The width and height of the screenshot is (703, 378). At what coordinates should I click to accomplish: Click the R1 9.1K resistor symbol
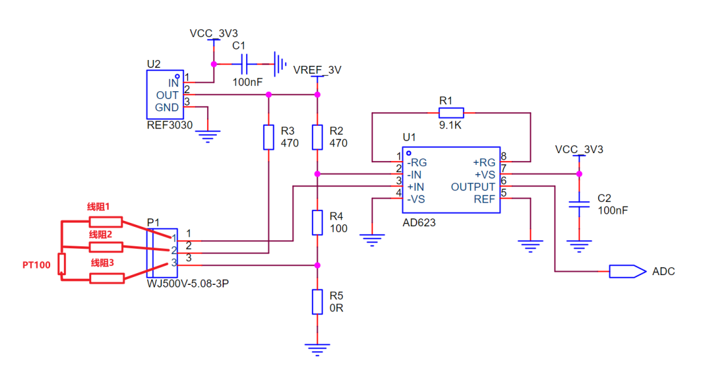[x=451, y=113]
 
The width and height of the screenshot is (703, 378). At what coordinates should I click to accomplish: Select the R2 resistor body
[x=318, y=138]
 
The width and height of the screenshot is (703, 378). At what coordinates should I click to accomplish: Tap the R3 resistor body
[x=269, y=138]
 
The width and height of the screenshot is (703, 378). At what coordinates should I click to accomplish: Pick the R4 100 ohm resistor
[x=318, y=223]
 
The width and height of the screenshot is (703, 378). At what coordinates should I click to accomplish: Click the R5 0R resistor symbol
[x=318, y=302]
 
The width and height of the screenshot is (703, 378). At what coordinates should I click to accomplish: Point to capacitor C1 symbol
[x=244, y=65]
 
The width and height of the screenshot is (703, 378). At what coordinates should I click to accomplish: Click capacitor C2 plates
[x=579, y=204]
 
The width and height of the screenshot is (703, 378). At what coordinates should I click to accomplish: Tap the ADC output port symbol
[x=627, y=272]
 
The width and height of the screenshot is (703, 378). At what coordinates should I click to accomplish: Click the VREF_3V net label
[x=318, y=70]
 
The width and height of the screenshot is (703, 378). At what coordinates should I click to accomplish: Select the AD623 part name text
[x=419, y=223]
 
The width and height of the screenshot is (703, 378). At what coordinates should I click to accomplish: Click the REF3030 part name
[x=170, y=125]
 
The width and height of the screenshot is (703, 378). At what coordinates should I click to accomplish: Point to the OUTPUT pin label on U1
[x=473, y=187]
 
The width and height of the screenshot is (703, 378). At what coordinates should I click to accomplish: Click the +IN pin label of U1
[x=415, y=187]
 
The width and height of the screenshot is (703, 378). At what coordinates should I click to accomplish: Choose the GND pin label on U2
[x=167, y=108]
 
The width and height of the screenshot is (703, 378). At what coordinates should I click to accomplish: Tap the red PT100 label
[x=36, y=265]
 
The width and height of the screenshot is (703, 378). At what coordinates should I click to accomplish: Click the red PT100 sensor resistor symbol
[x=61, y=264]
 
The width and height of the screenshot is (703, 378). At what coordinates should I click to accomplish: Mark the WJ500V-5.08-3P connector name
[x=188, y=283]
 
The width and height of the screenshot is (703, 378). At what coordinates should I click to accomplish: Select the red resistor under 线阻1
[x=106, y=222]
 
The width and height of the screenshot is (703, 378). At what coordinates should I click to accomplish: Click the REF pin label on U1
[x=485, y=199]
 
